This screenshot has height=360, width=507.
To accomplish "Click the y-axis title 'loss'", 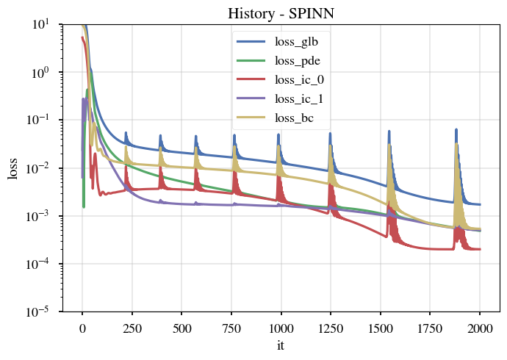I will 12,168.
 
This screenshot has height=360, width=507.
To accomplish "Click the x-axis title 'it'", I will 281,345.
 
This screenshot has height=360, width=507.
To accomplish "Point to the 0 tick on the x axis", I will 82,327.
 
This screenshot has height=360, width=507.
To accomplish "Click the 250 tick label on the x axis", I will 132,327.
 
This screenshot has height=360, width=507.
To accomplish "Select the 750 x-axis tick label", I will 231,327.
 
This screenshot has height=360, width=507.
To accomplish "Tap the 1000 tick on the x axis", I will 281,327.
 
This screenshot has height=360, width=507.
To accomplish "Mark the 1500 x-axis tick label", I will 381,327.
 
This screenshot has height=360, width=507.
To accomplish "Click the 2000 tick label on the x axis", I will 480,327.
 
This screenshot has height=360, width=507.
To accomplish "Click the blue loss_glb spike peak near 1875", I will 456,129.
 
